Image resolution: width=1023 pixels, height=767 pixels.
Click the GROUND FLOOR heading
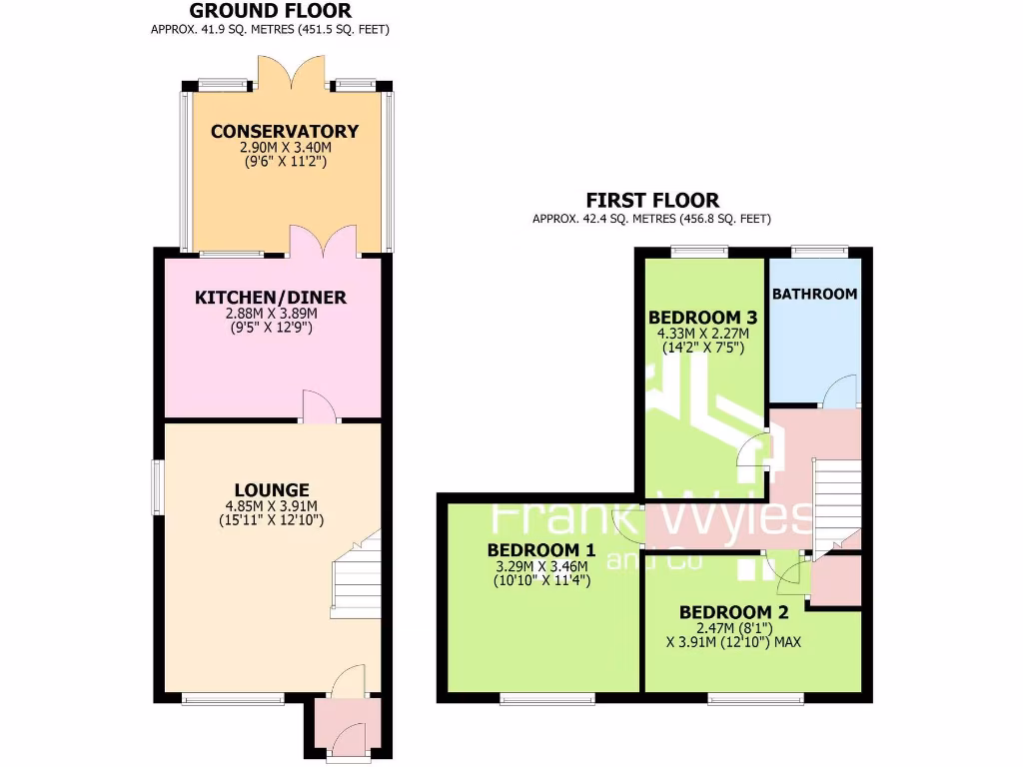click(x=270, y=11)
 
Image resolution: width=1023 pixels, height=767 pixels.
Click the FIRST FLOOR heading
click(x=652, y=200)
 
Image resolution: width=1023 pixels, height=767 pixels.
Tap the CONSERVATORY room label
click(x=284, y=131)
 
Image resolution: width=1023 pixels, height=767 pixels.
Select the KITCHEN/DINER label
click(x=271, y=297)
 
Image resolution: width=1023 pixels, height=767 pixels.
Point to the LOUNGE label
click(x=272, y=489)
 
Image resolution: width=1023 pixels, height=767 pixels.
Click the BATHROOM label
click(x=814, y=294)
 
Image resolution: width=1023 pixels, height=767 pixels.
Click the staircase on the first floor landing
click(x=838, y=499)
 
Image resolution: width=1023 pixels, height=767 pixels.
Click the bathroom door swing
click(x=840, y=391)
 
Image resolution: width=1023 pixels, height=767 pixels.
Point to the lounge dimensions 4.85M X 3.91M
click(x=272, y=505)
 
